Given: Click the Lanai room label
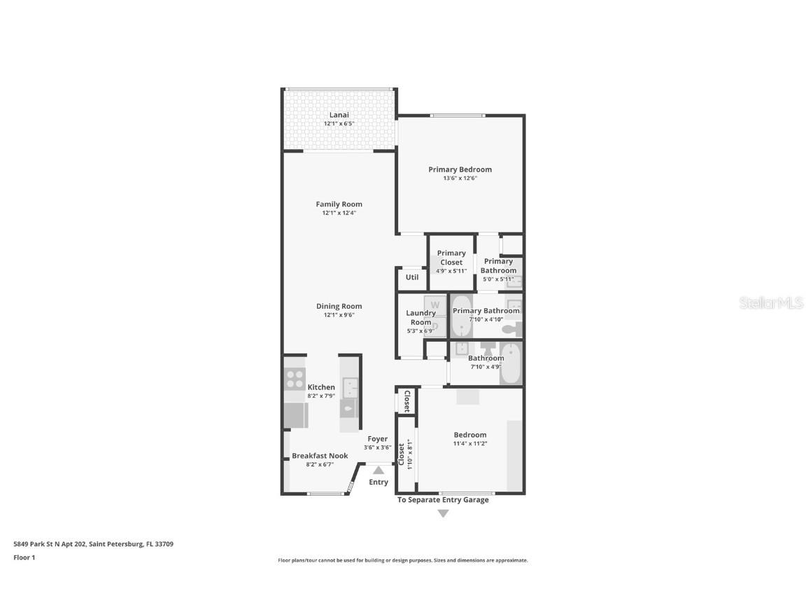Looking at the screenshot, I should pyautogui.click(x=339, y=115).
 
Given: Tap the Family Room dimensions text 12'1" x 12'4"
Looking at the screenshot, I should pyautogui.click(x=339, y=213).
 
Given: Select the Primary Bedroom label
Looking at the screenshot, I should pyautogui.click(x=460, y=169).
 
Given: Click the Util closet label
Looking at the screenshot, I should pyautogui.click(x=412, y=277).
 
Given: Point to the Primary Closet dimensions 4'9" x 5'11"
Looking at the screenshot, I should pyautogui.click(x=451, y=270).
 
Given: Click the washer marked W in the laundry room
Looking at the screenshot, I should pyautogui.click(x=434, y=305).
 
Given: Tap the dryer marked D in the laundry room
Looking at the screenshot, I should pyautogui.click(x=434, y=326).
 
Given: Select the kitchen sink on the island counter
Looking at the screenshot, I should pyautogui.click(x=349, y=387).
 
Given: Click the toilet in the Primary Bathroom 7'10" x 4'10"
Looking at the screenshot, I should pyautogui.click(x=511, y=328).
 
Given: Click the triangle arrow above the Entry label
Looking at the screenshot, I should pyautogui.click(x=379, y=471).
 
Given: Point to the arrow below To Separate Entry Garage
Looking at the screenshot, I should pyautogui.click(x=443, y=513).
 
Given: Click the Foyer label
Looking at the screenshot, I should pyautogui.click(x=378, y=439).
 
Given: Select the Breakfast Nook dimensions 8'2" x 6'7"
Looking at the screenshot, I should pyautogui.click(x=319, y=464).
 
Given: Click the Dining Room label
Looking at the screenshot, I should pyautogui.click(x=339, y=306).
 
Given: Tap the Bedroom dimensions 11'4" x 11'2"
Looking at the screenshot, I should pyautogui.click(x=469, y=443).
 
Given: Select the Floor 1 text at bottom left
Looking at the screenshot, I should pyautogui.click(x=24, y=557).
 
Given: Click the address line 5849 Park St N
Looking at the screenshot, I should pyautogui.click(x=93, y=543).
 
